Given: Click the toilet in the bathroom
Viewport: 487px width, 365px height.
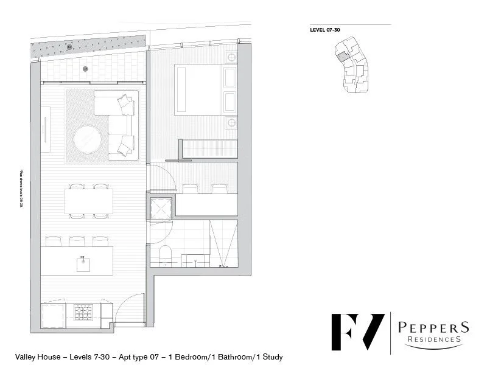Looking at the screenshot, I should pyautogui.click(x=164, y=256).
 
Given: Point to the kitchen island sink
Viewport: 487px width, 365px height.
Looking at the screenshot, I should pyautogui.click(x=80, y=264).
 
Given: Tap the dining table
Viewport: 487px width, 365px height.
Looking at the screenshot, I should pyautogui.click(x=89, y=201).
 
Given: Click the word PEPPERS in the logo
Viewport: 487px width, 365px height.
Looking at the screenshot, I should pyautogui.click(x=433, y=327).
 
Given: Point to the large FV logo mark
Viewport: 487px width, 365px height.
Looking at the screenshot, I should pyautogui.click(x=357, y=334).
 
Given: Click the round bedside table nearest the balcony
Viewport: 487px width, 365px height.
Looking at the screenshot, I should pyautogui.click(x=231, y=57).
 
